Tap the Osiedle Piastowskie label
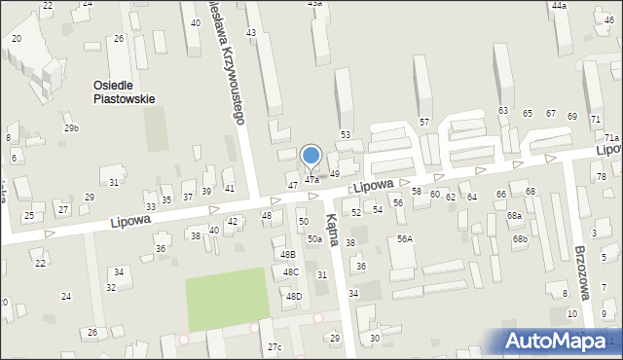pyautogui.click(x=124, y=91)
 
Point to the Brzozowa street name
pyautogui.click(x=584, y=274)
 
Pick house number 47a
pyautogui.click(x=311, y=179)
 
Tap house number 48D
pyautogui.click(x=293, y=296)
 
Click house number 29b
pyautogui.click(x=71, y=128)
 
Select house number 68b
pyautogui.click(x=521, y=239)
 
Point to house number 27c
pyautogui.click(x=275, y=346)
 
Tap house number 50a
pyautogui.click(x=314, y=239)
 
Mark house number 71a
pyautogui.click(x=611, y=139)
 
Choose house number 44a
pyautogui.click(x=559, y=6)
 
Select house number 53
pyautogui.click(x=345, y=134)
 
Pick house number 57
pyautogui.click(x=423, y=122)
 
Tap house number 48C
pyautogui.click(x=291, y=271)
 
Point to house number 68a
pyautogui.click(x=514, y=215)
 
